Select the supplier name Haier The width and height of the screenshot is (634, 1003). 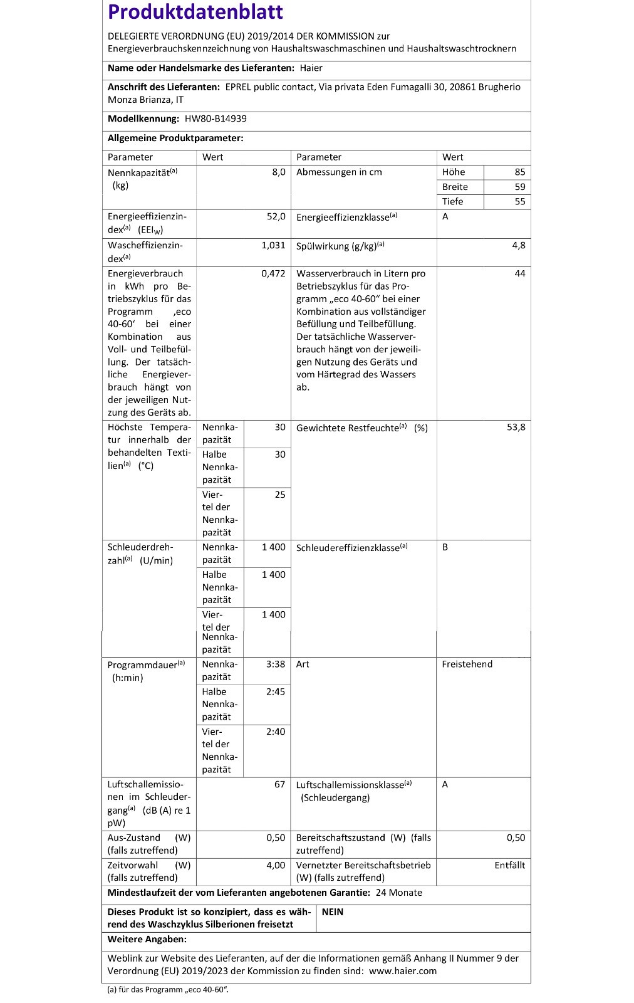pyautogui.click(x=311, y=68)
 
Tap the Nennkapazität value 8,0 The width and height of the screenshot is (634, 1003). pyautogui.click(x=278, y=172)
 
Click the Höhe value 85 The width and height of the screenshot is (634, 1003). pyautogui.click(x=519, y=172)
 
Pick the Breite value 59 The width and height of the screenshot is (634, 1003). pyautogui.click(x=519, y=187)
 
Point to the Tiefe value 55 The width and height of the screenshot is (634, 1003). pyautogui.click(x=519, y=201)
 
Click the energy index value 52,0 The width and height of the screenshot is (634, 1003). pyautogui.click(x=276, y=216)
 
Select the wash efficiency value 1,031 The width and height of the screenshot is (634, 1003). pyautogui.click(x=273, y=245)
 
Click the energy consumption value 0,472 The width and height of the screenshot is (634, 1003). pyautogui.click(x=273, y=273)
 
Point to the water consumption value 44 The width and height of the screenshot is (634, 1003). pyautogui.click(x=519, y=273)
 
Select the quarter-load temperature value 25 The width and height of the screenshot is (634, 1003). pyautogui.click(x=279, y=495)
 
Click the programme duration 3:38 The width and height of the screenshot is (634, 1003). pyautogui.click(x=275, y=664)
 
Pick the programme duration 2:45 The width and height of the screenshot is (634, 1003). pyautogui.click(x=275, y=691)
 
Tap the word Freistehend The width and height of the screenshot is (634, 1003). pyautogui.click(x=467, y=664)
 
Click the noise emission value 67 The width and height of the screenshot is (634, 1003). pyautogui.click(x=279, y=784)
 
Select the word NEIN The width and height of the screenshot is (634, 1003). pyautogui.click(x=332, y=912)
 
